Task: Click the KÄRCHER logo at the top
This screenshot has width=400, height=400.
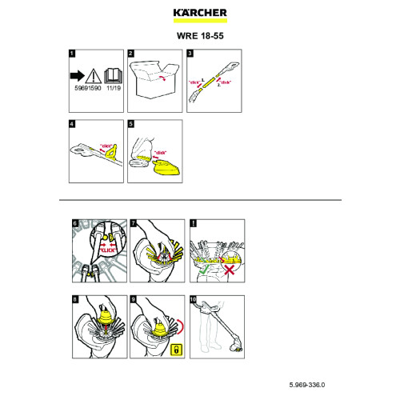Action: point(199,13)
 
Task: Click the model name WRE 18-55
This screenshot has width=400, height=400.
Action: point(199,35)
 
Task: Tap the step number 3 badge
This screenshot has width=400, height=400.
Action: point(190,54)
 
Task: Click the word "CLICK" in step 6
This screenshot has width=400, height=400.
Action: point(108,250)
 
